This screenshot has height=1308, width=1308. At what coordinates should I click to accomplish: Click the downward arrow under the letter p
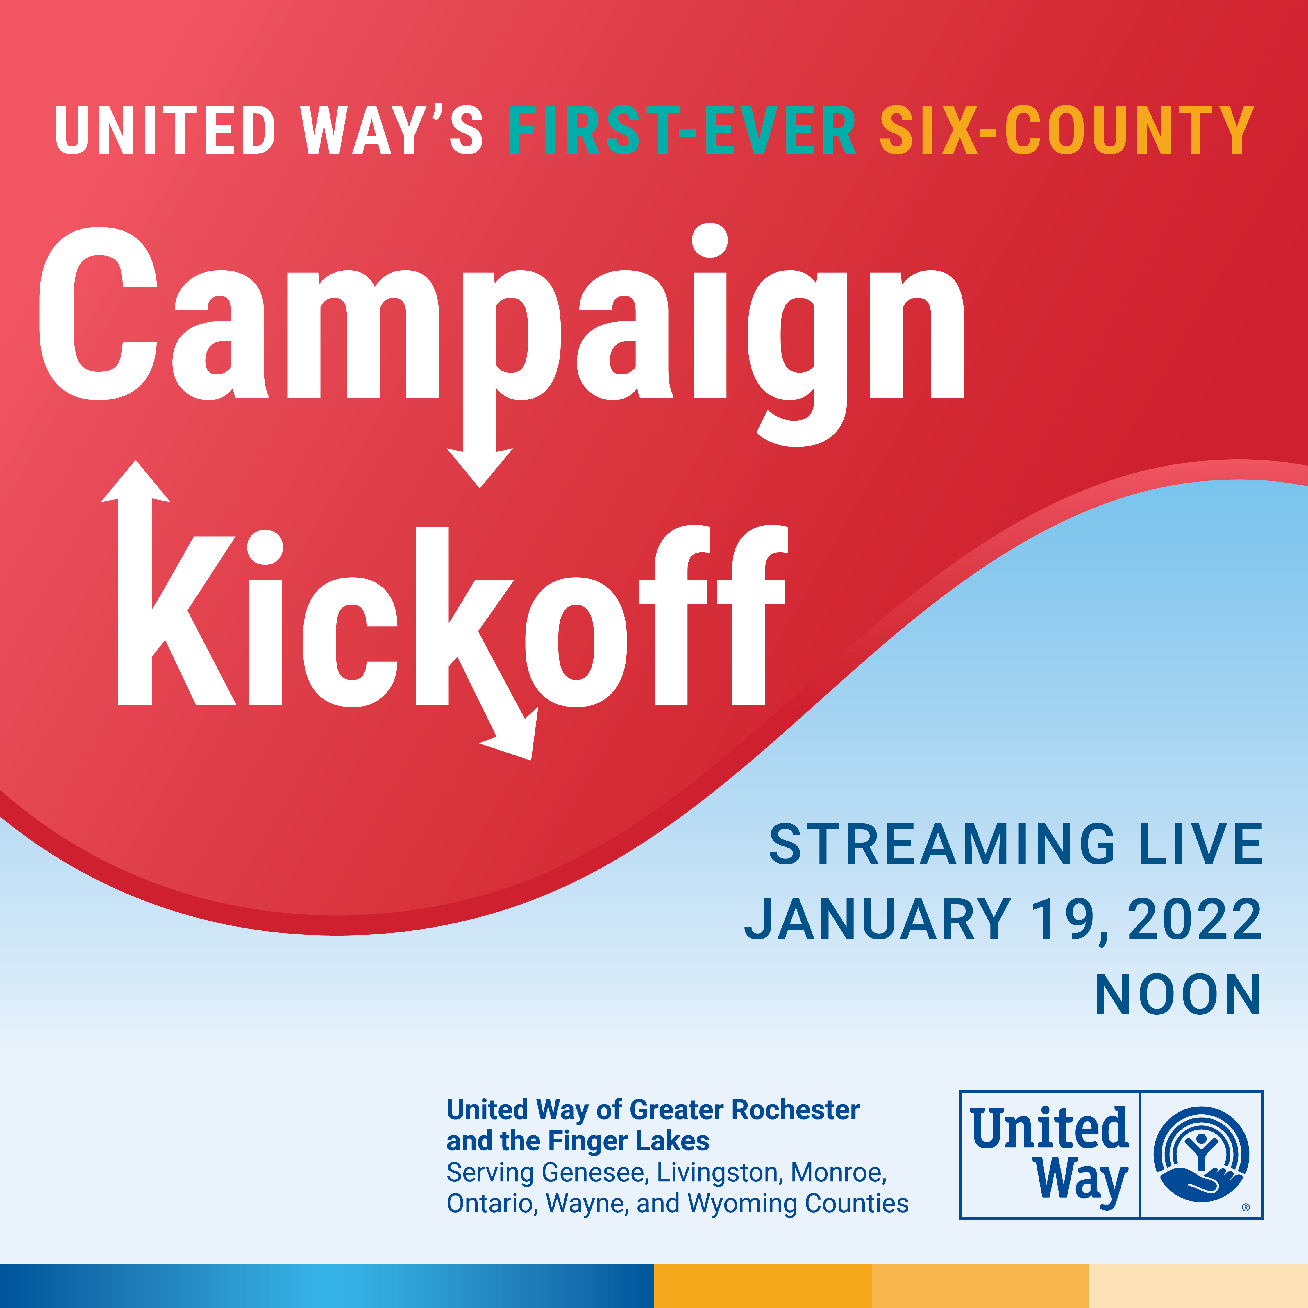pos(479,467)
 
